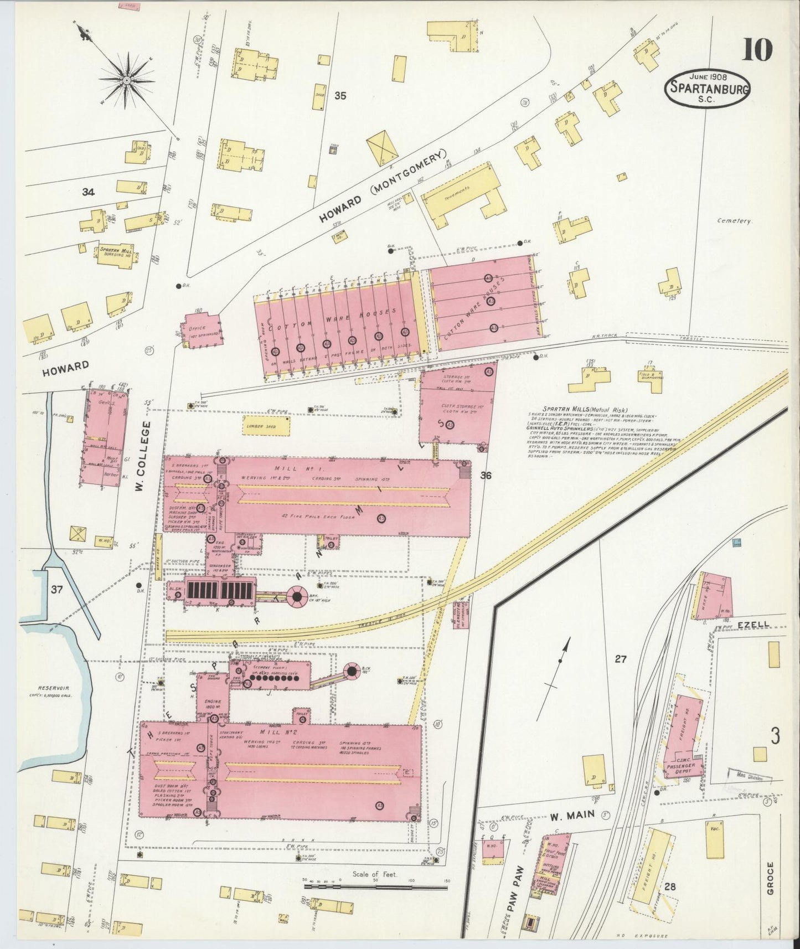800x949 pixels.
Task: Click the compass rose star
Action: tap(126, 81)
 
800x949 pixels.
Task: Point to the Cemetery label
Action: tap(734, 221)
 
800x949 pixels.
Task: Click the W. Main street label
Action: tap(572, 814)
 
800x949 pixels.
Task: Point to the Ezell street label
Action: tap(753, 625)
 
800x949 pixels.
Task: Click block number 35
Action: tap(340, 95)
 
